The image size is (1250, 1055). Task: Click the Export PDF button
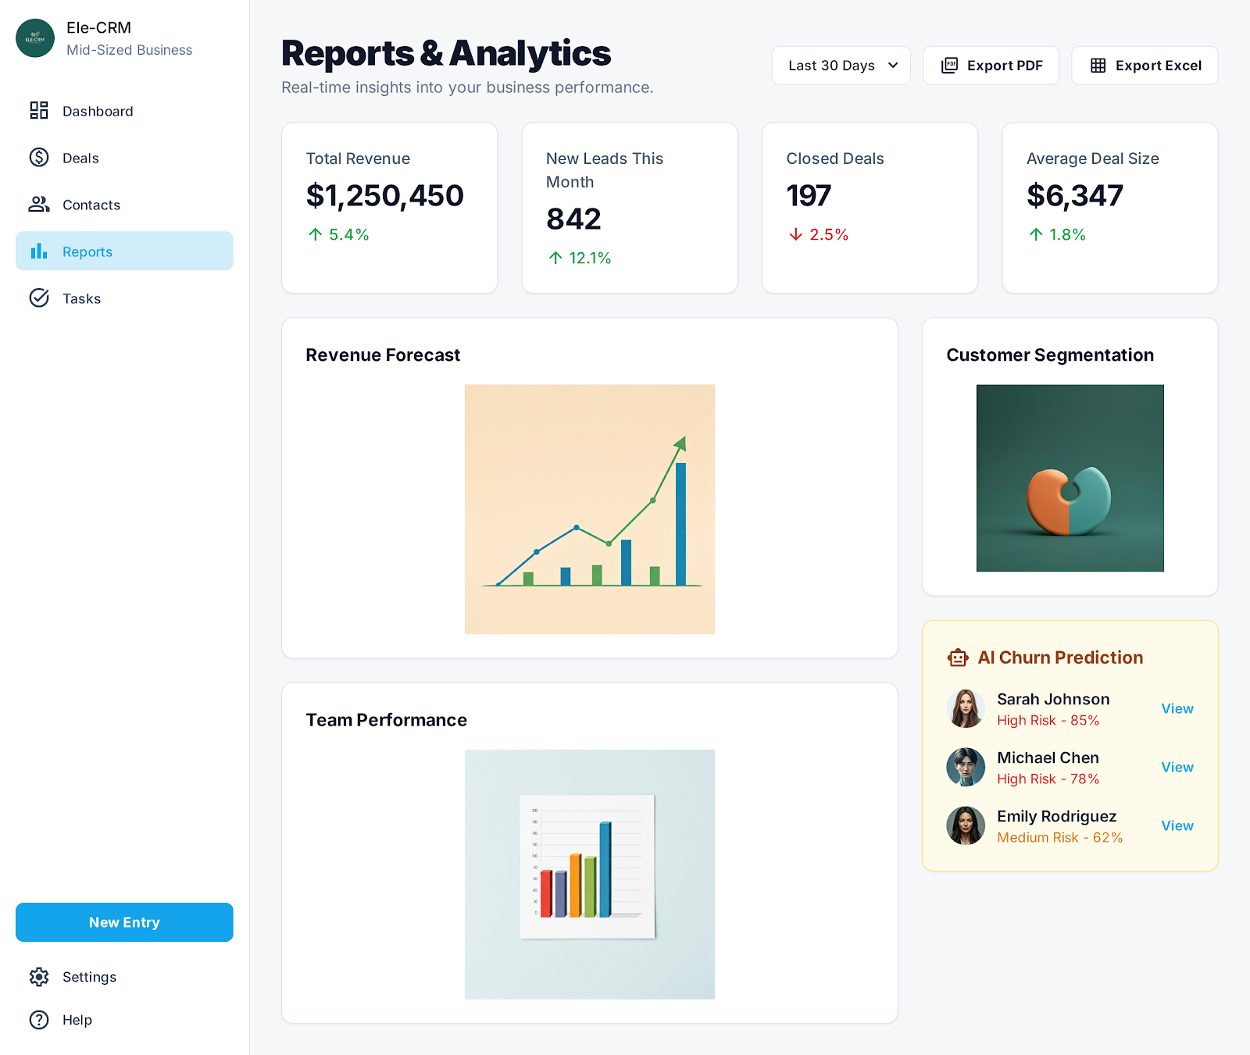pos(991,66)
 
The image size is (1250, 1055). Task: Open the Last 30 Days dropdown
pos(841,66)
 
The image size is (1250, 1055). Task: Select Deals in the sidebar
pos(80,158)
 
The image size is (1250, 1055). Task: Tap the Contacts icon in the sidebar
pos(39,205)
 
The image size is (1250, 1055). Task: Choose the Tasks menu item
pos(81,298)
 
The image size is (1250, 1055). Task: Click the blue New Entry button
pos(124,922)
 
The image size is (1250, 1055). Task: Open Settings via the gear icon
pos(39,977)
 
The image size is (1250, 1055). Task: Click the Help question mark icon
pos(39,1020)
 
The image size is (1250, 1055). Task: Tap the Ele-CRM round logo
pos(35,38)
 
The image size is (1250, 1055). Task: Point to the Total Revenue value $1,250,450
pos(384,196)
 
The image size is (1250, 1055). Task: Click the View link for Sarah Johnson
pos(1177,708)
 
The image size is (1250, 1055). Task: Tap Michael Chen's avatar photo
pos(966,767)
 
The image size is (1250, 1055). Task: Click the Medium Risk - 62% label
pos(1059,837)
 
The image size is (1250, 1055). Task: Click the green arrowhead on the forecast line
pos(680,444)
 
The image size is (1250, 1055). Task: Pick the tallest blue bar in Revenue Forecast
pos(680,523)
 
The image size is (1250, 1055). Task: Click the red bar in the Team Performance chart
pos(546,893)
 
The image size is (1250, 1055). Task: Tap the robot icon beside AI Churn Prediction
pos(958,658)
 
